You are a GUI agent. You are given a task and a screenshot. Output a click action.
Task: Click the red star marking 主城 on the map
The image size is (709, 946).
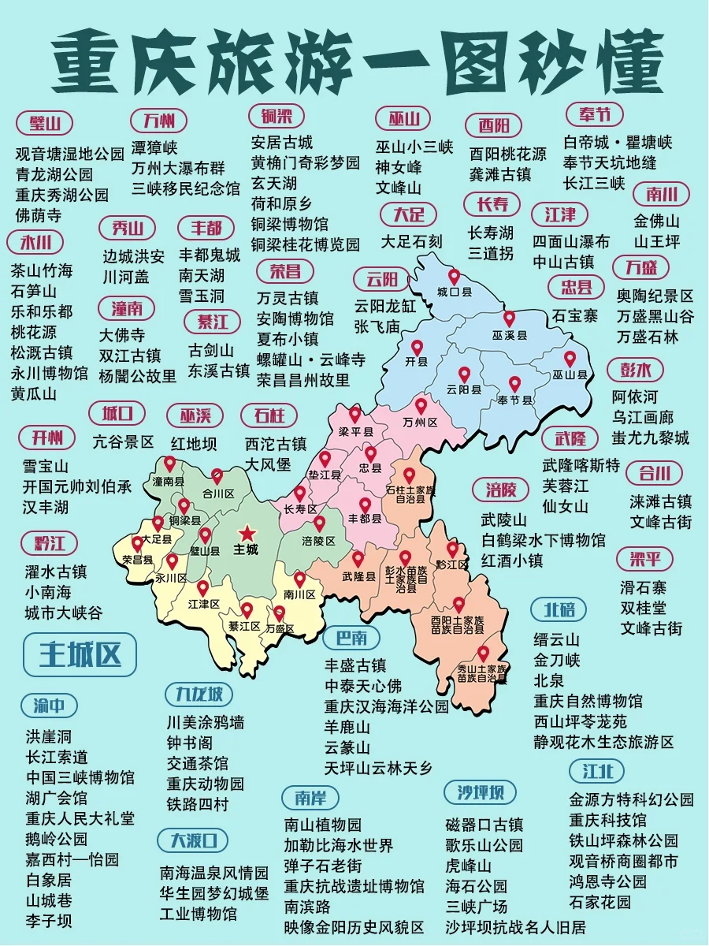coord(248,532)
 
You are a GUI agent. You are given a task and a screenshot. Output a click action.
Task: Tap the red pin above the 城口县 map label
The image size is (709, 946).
coord(454,277)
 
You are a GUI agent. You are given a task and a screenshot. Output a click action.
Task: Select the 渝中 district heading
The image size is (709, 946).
coord(49,705)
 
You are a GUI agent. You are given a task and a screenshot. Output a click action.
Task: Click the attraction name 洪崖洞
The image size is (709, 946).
coord(48,736)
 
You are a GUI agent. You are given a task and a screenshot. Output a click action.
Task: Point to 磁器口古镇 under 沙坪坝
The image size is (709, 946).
coord(484,825)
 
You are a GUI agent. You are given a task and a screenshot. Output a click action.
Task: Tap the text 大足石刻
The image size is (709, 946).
coord(412,240)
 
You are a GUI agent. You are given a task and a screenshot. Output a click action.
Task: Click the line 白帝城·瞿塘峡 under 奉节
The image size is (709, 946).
coord(618,143)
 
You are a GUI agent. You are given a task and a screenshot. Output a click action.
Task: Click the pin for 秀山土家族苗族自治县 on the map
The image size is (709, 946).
coord(483,654)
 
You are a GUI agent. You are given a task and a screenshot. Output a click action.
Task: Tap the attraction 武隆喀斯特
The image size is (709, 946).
coord(581,464)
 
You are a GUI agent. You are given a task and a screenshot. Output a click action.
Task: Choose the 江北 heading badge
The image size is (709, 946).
coord(599,769)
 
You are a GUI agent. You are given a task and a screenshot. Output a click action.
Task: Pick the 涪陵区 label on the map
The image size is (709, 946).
coord(318,541)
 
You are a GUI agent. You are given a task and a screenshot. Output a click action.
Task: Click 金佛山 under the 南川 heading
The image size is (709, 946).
coord(656,221)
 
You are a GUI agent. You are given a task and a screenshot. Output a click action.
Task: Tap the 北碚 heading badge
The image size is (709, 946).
coord(559,609)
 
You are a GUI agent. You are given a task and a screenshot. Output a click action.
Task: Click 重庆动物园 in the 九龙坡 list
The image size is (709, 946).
coord(205,784)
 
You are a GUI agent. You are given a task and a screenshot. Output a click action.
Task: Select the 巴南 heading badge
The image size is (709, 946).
coord(351,637)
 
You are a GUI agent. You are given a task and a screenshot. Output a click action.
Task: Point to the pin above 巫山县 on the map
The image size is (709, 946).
coord(570,359)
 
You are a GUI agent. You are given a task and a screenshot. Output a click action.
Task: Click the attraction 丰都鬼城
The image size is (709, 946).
coord(209,255)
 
